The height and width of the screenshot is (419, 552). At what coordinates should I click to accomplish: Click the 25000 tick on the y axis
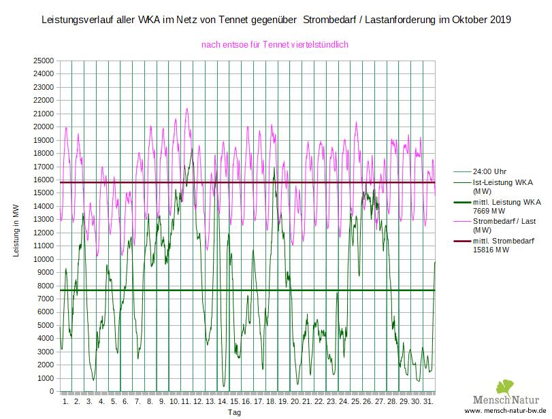tap(44, 61)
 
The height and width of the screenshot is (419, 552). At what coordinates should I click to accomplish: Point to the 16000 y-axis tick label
tap(44, 180)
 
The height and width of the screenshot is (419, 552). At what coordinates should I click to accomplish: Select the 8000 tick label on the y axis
tap(46, 286)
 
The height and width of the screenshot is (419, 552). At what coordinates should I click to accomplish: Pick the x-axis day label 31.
tap(427, 402)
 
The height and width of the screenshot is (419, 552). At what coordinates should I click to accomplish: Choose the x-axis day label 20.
tap(294, 402)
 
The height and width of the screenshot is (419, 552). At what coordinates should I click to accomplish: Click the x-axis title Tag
tap(233, 412)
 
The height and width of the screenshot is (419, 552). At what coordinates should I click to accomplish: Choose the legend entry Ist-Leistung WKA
tap(502, 184)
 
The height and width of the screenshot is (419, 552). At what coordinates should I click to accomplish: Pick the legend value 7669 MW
tap(491, 211)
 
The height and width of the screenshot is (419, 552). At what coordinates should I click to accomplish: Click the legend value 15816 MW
tap(493, 250)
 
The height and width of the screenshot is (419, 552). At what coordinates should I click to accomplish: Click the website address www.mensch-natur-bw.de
tap(506, 412)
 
